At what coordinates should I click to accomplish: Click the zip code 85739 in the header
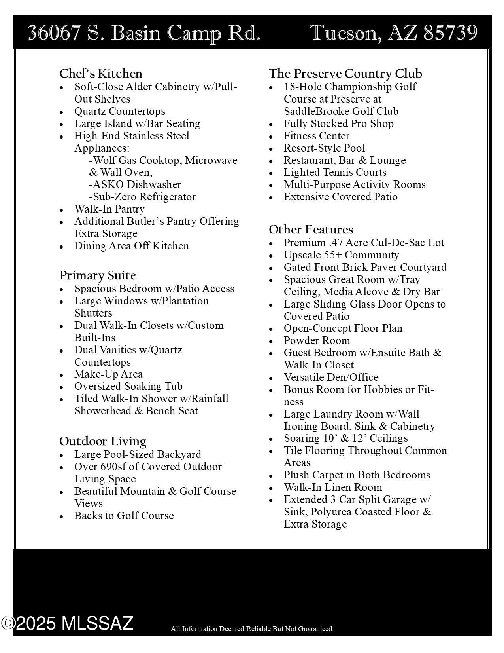click(x=450, y=32)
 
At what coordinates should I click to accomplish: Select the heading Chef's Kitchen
click(x=100, y=74)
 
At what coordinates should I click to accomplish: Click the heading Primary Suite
click(x=98, y=275)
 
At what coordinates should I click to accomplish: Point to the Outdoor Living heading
click(x=103, y=441)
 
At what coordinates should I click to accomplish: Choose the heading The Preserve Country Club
click(x=345, y=74)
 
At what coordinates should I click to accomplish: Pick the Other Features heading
click(x=311, y=230)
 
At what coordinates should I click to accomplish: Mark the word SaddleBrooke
click(x=316, y=111)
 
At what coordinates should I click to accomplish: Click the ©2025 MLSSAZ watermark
click(x=67, y=623)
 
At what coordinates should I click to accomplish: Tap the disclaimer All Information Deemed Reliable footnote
click(x=251, y=628)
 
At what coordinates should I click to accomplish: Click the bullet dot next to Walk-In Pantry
click(x=61, y=210)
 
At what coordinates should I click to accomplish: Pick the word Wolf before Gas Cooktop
click(x=104, y=160)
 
